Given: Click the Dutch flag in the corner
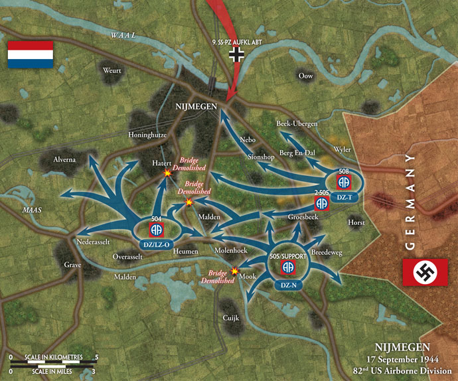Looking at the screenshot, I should (30, 55).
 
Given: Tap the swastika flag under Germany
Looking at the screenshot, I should (425, 272).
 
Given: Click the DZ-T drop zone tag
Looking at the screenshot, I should (344, 198).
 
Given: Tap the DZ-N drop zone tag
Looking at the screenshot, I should (288, 285).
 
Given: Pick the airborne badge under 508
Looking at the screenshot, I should (344, 182).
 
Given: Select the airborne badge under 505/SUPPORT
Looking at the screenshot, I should (289, 267).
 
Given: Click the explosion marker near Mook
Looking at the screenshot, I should (234, 271).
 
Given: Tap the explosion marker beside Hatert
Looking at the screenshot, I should (167, 173).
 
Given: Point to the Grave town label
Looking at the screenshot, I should (72, 265).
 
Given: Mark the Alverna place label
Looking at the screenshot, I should (65, 159).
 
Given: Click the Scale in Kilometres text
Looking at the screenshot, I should (46, 357).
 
